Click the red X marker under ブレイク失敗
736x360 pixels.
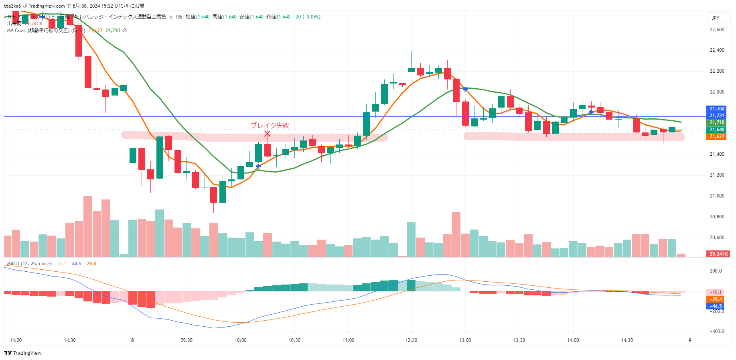point(267,134)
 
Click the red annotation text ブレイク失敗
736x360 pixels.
point(270,125)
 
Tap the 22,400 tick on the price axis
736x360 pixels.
point(717,50)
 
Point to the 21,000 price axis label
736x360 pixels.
point(717,196)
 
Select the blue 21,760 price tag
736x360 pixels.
point(717,109)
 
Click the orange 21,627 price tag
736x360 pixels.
point(717,136)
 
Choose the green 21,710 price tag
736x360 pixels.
point(717,122)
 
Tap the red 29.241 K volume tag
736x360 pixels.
point(718,254)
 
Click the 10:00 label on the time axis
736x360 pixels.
point(240,340)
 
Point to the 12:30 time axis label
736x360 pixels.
point(411,340)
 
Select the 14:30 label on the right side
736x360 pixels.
point(627,340)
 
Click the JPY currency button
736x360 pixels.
point(716,18)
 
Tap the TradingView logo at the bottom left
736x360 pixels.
point(23,353)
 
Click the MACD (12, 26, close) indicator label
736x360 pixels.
point(29,264)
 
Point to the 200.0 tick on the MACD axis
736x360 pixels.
point(716,271)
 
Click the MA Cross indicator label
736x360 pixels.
point(38,31)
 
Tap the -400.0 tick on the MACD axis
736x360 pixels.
point(716,332)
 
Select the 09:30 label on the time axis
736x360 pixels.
point(186,340)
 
